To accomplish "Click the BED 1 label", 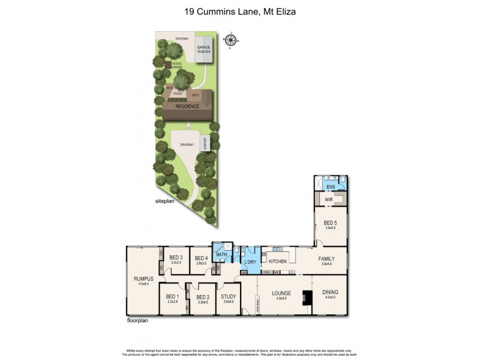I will [x=172, y=296].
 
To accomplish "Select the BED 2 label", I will [x=202, y=296].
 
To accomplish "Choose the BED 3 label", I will [x=175, y=258].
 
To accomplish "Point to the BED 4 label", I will [x=201, y=258].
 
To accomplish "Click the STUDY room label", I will [x=228, y=296].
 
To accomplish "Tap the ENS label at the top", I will [x=330, y=187].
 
